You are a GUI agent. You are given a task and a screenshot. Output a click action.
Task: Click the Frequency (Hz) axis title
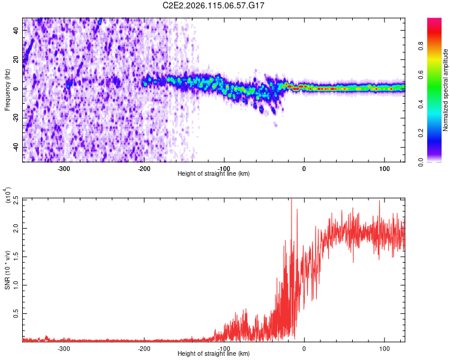pos(8,89)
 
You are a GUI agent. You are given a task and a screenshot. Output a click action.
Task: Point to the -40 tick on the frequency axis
pos(15,148)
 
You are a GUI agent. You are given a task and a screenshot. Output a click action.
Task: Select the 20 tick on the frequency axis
pos(17,60)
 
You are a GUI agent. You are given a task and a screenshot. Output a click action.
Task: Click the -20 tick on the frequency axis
pos(15,118)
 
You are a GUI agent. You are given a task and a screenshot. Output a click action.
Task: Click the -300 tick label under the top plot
pos(64,169)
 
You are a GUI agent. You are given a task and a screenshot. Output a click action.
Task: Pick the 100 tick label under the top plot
pos(384,169)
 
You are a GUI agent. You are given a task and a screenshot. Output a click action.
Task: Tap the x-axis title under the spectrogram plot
pos(214,174)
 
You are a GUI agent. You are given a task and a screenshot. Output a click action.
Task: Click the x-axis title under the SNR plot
pos(214,354)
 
